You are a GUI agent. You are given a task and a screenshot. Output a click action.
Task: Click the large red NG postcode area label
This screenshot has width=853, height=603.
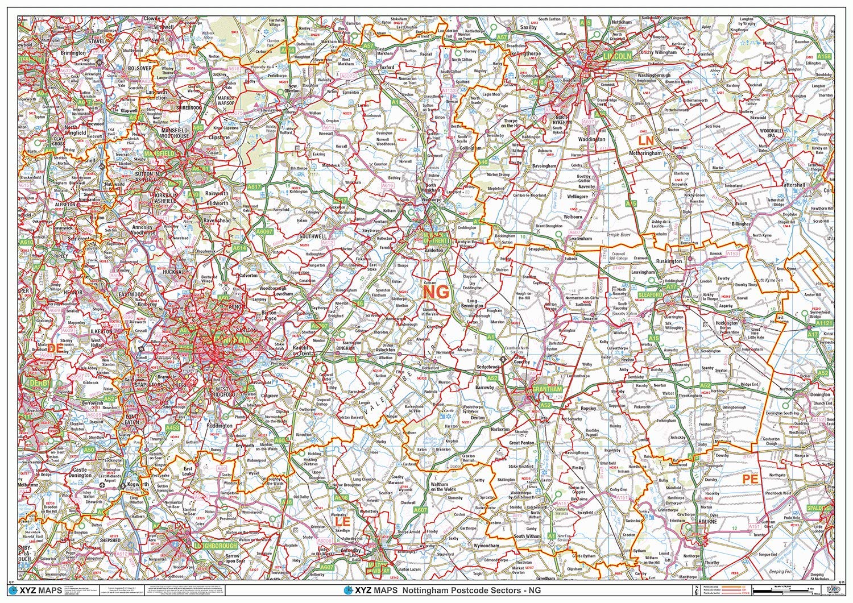point(436,291)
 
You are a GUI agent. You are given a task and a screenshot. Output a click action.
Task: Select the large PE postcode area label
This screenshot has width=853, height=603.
point(751,479)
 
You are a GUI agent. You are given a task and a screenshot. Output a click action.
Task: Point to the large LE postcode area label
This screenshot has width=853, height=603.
point(342,521)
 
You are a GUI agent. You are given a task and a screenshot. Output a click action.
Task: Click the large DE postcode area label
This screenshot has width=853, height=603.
point(55,347)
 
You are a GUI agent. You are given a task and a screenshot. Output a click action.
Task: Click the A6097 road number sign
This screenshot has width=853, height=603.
point(264,232)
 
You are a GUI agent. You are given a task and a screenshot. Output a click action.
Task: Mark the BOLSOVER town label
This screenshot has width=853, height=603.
point(135,68)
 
